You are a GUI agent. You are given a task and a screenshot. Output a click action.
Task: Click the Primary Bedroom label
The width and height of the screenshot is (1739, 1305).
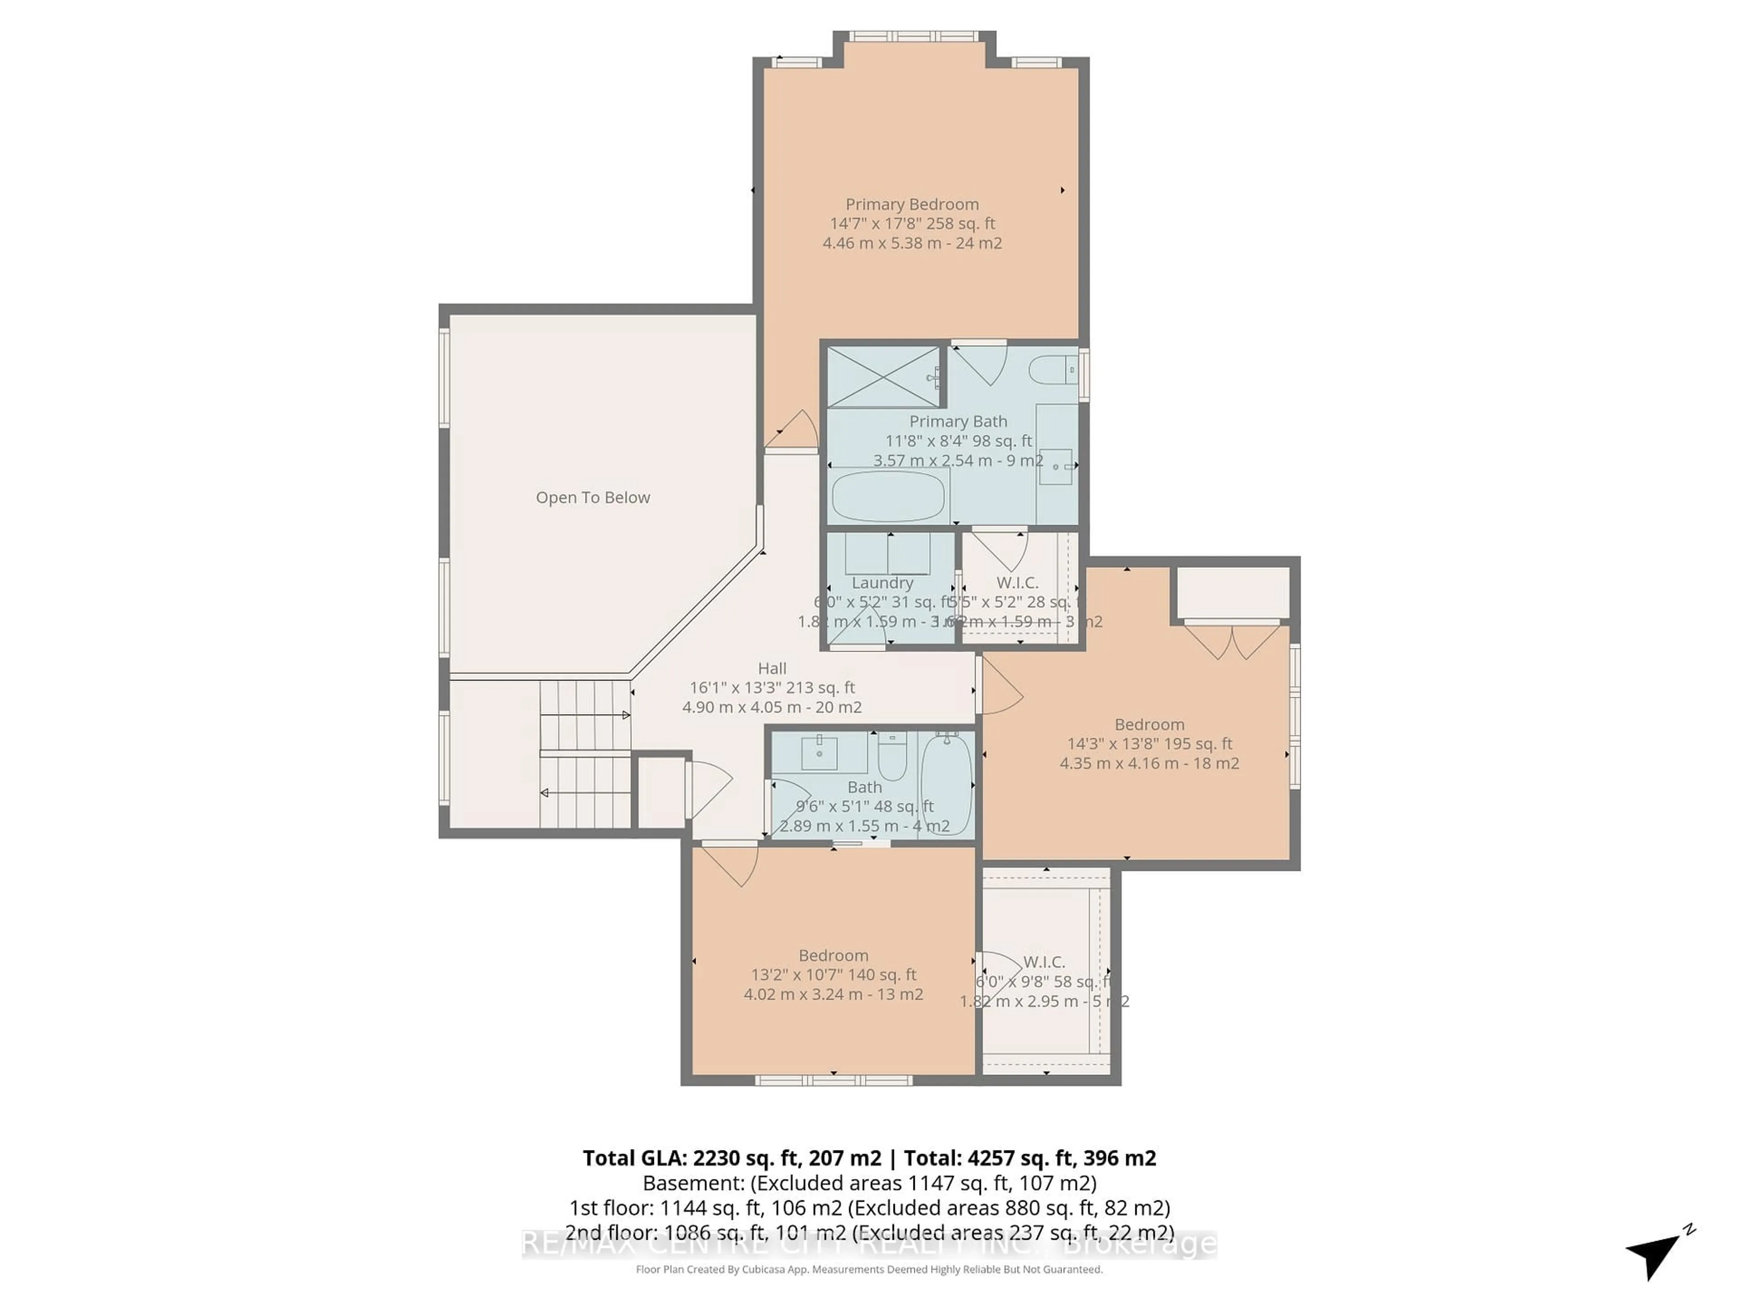pos(912,204)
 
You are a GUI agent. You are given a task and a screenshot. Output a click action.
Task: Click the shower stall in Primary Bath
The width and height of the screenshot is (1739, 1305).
pos(884,377)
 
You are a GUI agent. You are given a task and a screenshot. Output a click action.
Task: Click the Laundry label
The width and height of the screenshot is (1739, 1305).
pos(882,583)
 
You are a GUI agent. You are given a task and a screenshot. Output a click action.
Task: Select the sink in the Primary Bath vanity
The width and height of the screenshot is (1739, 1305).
pos(1056,466)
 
